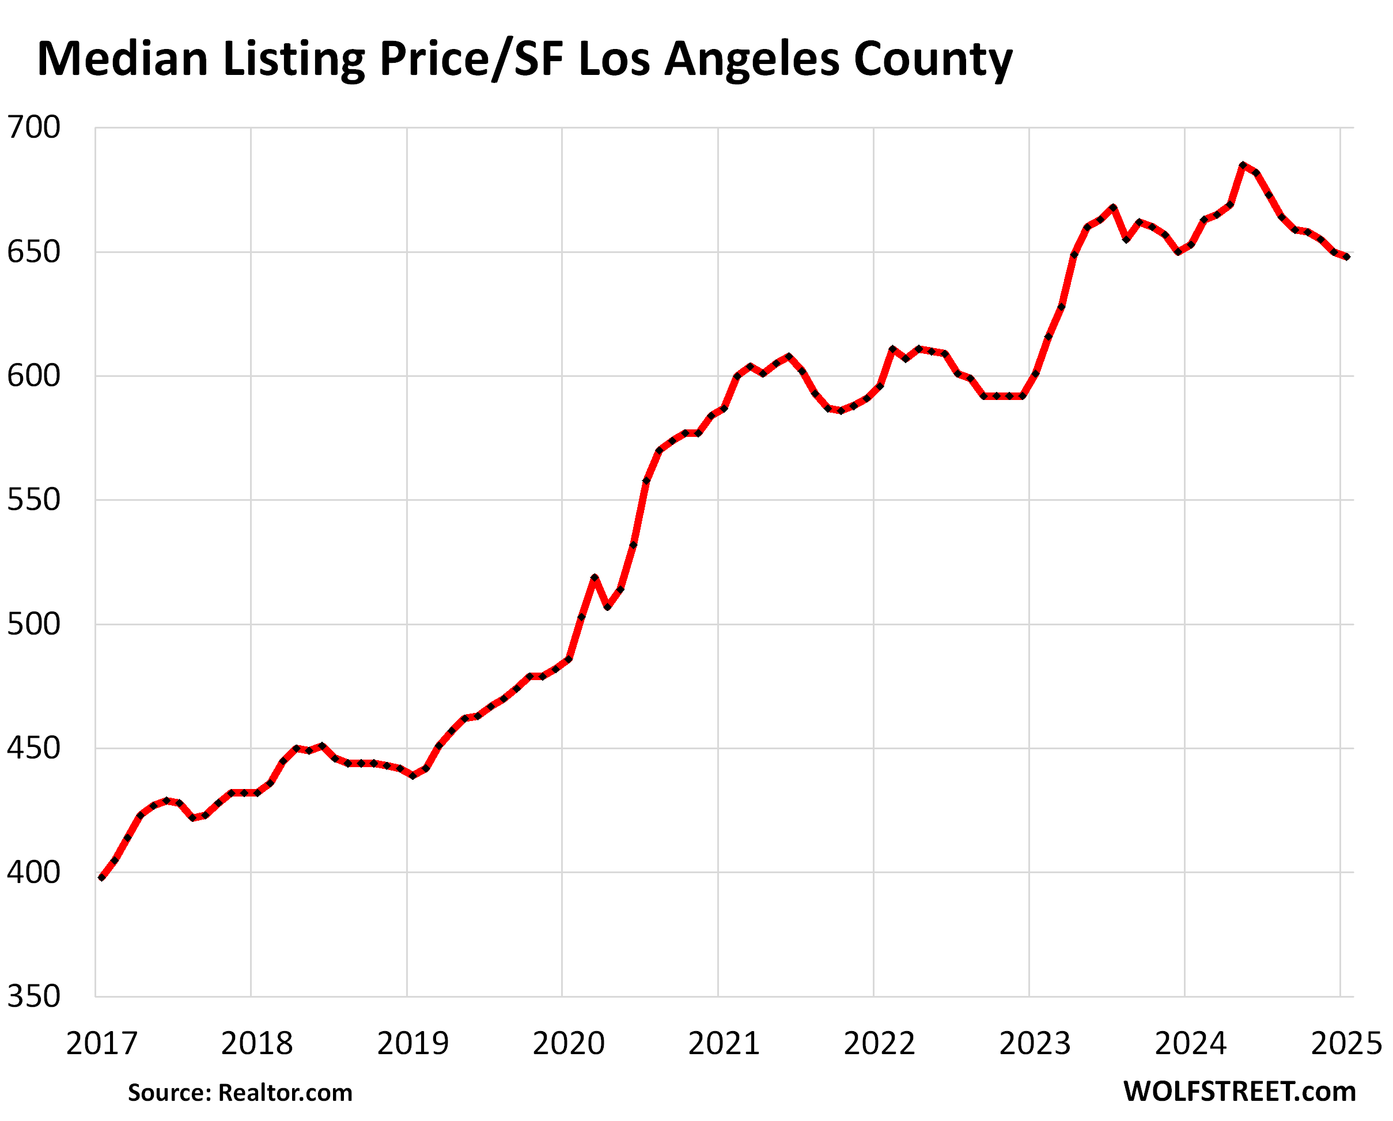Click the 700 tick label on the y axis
[33, 127]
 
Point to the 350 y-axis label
[33, 997]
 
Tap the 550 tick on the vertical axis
[33, 500]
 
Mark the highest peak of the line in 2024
[1243, 165]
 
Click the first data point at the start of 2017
[101, 877]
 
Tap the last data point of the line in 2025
[1346, 256]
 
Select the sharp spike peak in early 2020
[595, 578]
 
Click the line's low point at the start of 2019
[413, 775]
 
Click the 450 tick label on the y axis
[33, 748]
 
